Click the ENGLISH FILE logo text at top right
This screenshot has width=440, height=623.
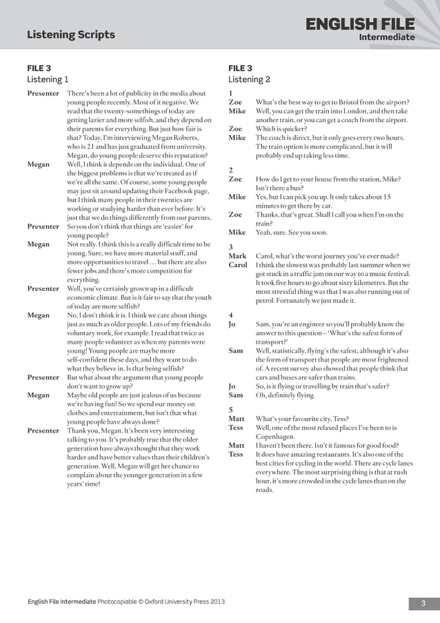point(361,26)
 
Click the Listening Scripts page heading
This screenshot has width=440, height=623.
point(71,34)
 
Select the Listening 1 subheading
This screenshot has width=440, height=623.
point(48,79)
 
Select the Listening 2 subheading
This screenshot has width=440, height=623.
point(249,79)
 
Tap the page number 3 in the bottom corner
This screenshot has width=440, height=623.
point(423,604)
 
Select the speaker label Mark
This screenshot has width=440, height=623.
point(237,256)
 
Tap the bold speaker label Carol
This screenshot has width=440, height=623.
point(238,265)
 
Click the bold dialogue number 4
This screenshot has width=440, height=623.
point(230,315)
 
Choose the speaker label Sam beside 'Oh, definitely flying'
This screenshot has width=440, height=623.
point(236,395)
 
